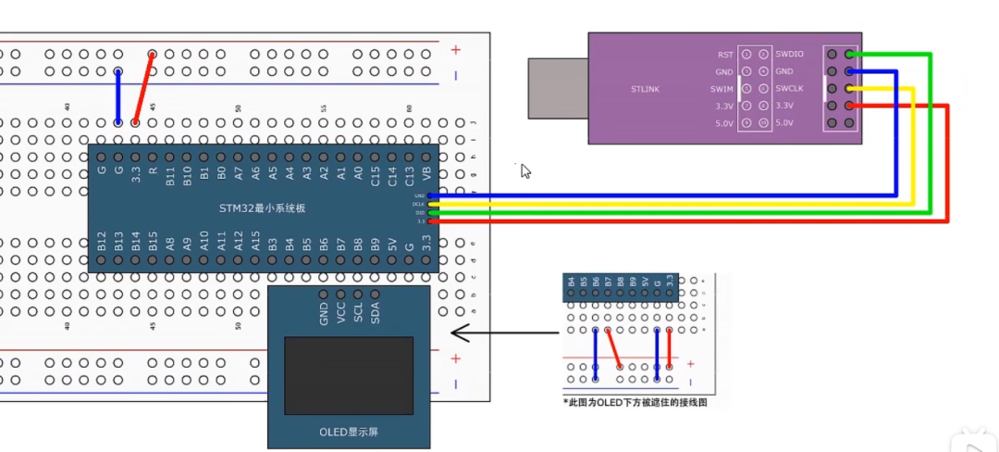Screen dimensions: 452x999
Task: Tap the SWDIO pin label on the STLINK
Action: (x=789, y=55)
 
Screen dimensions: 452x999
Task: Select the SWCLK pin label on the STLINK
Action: (x=790, y=89)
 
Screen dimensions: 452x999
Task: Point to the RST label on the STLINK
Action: (x=725, y=55)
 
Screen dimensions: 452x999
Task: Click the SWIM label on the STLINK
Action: (x=722, y=89)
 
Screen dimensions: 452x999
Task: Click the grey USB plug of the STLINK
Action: (x=558, y=89)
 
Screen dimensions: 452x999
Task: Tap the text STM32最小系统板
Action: (x=262, y=208)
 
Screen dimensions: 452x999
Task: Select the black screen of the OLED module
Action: (x=349, y=375)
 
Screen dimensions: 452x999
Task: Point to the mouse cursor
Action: (x=525, y=170)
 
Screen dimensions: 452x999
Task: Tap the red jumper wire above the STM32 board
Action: (x=143, y=88)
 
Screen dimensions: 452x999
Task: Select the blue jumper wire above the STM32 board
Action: (x=117, y=95)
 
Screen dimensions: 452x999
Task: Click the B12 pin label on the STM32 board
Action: (x=102, y=243)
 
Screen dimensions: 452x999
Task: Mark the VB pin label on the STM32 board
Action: (x=426, y=172)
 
